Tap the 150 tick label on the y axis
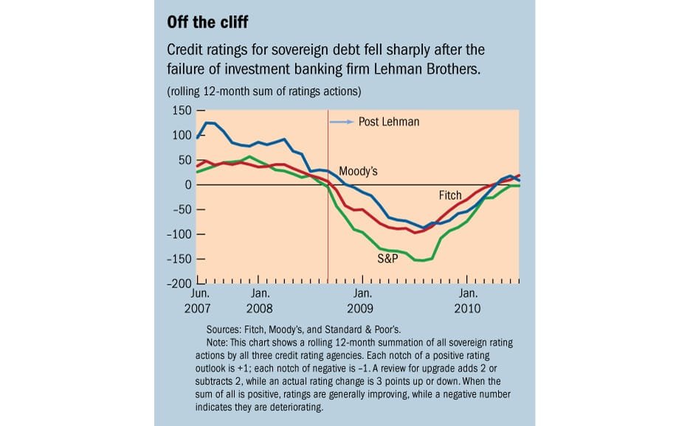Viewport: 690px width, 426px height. coord(181,111)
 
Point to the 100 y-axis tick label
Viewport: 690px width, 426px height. coord(181,136)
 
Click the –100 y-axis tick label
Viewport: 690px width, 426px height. coord(178,234)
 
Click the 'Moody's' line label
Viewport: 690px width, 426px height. coord(358,171)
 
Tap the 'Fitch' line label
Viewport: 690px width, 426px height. coord(450,195)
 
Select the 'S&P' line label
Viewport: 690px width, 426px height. coord(388,259)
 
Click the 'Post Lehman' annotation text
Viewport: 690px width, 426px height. coord(388,122)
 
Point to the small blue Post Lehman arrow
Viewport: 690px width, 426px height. coord(340,122)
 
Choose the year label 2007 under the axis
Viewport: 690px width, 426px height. coord(197,308)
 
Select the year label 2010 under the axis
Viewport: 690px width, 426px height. coord(468,308)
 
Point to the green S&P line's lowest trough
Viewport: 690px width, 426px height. coord(423,260)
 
